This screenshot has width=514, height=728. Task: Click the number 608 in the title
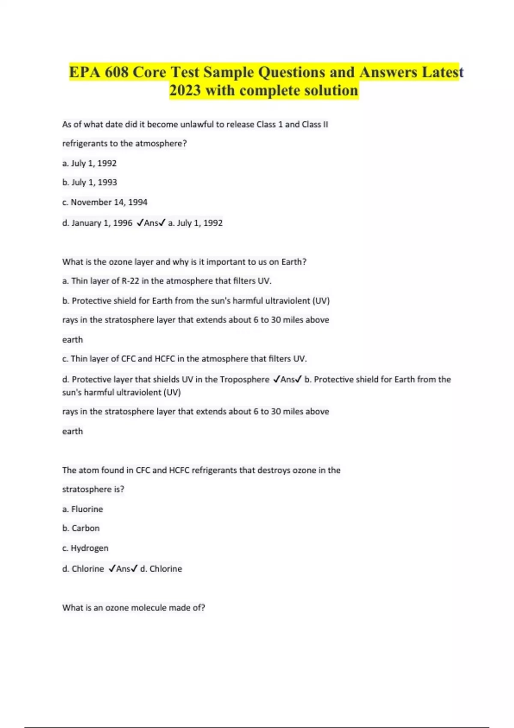click(117, 72)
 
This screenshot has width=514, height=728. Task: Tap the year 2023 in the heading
click(185, 90)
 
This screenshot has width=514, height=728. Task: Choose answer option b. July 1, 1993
click(90, 182)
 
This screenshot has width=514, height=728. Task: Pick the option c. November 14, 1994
click(105, 202)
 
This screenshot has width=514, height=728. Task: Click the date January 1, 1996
click(102, 223)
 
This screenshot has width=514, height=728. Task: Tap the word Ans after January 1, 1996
click(151, 223)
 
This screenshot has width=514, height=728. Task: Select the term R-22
click(130, 281)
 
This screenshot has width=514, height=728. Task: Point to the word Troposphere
click(245, 379)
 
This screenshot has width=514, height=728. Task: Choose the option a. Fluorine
click(83, 509)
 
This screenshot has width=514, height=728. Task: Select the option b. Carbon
click(81, 528)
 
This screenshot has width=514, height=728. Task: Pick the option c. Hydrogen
click(85, 548)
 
